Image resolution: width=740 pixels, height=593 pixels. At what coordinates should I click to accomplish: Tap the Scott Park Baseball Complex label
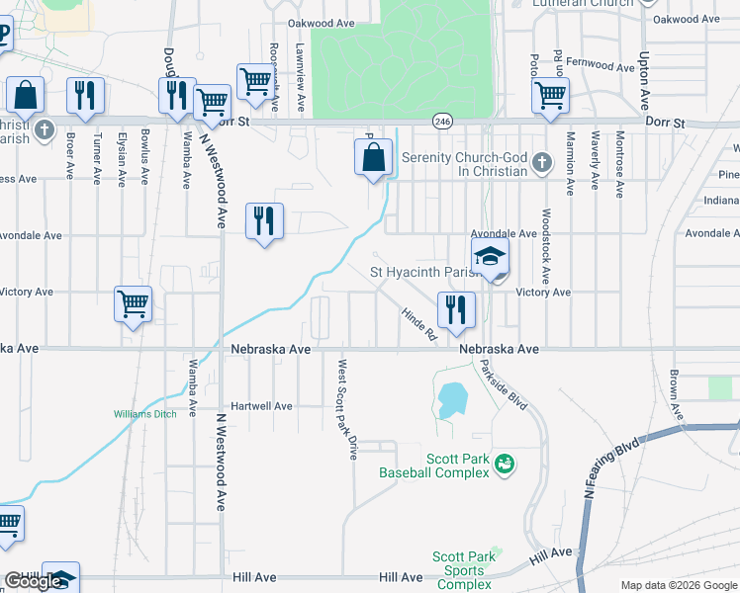click(434, 466)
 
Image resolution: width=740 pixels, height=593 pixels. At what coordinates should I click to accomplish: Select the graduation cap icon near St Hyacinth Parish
click(490, 256)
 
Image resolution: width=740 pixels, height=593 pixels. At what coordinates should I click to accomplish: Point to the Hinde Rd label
click(418, 323)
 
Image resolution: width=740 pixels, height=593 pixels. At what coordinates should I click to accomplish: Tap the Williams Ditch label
click(144, 414)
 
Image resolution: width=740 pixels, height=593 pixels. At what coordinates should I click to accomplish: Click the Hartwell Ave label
click(261, 406)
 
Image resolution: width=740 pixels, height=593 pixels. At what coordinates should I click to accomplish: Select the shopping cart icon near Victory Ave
click(133, 303)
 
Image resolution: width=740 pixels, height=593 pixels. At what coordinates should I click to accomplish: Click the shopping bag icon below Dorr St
click(373, 157)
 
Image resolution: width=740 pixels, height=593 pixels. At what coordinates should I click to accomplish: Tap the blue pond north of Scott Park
click(451, 399)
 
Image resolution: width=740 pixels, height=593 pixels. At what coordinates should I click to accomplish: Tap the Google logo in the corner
click(33, 581)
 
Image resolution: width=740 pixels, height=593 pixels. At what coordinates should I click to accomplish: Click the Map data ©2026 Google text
click(678, 585)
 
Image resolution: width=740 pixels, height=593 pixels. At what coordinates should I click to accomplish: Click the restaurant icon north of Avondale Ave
click(263, 220)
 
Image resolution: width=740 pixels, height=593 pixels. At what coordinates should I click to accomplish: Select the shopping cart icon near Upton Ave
click(550, 96)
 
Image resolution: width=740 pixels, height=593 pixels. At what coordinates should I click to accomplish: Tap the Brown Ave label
click(674, 393)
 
